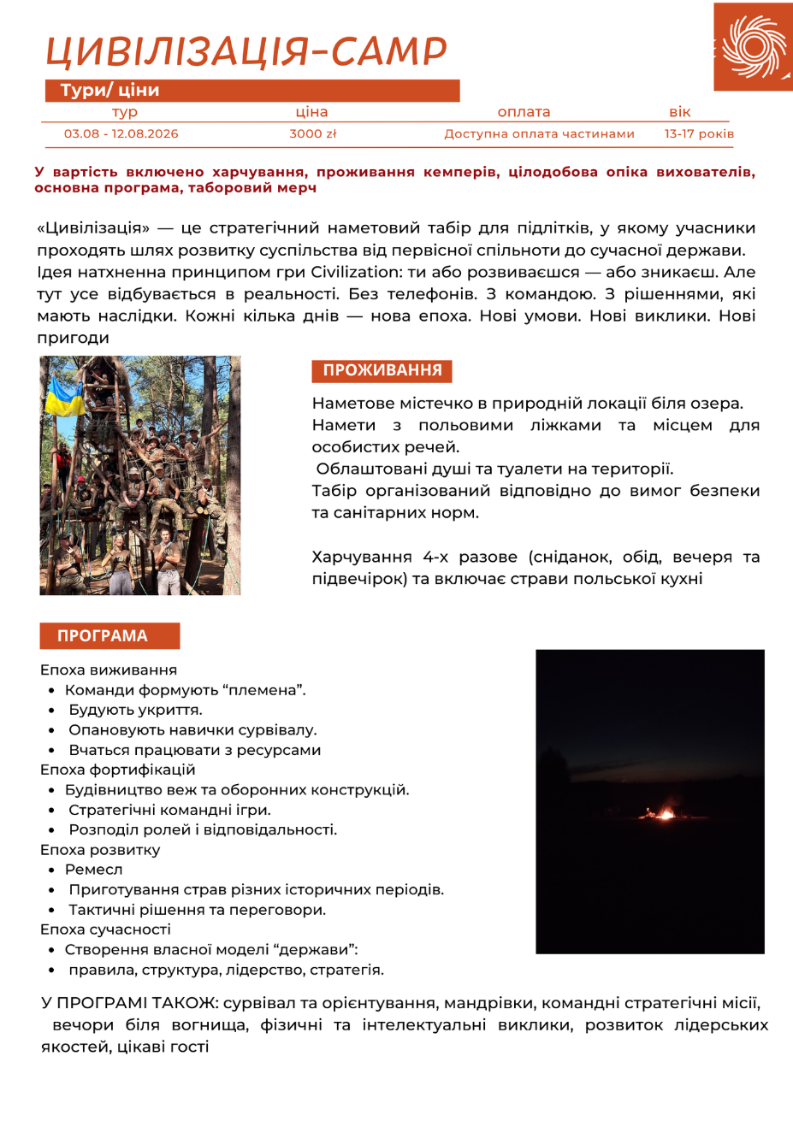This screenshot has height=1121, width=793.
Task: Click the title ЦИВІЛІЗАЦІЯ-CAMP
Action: [x=246, y=52]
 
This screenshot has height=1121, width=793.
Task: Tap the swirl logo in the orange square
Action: [x=753, y=46]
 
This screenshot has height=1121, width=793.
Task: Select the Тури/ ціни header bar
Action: [x=252, y=91]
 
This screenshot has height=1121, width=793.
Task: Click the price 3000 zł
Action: [x=312, y=133]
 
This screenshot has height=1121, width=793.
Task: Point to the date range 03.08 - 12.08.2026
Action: [x=121, y=133]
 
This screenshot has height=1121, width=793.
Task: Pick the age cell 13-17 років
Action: [x=699, y=133]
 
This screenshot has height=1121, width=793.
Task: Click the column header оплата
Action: [x=524, y=112]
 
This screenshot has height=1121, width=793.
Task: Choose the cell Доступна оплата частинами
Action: [x=539, y=133]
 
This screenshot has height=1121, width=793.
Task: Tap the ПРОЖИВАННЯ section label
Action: [x=382, y=370]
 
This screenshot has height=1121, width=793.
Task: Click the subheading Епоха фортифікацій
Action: [x=118, y=770]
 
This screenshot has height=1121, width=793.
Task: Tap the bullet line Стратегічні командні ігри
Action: [x=169, y=810]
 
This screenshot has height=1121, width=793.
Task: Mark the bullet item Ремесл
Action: [x=94, y=870]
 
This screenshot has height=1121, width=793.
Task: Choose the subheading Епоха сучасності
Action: [x=105, y=929]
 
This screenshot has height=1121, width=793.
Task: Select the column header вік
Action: [x=680, y=112]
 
